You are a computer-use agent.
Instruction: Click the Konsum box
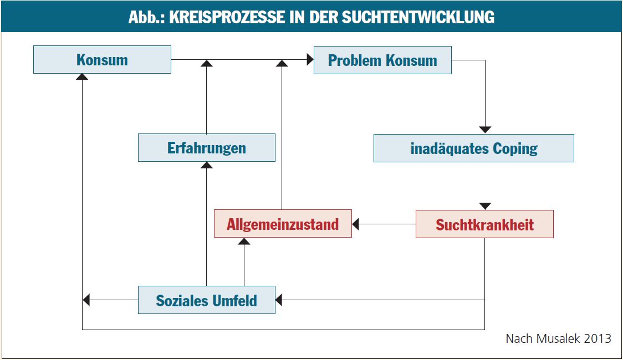click(x=102, y=59)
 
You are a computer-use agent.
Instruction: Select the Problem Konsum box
click(x=382, y=60)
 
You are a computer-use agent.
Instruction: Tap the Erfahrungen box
click(x=207, y=148)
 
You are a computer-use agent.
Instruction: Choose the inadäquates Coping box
click(x=473, y=148)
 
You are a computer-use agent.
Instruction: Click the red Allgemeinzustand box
click(x=283, y=223)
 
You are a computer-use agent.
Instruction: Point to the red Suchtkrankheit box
click(x=485, y=224)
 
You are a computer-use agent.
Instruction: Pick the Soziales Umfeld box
click(x=207, y=300)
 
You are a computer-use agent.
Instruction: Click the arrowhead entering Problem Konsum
click(x=310, y=59)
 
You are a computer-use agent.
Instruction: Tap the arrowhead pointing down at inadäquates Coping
click(x=485, y=130)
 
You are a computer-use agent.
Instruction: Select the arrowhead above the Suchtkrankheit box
click(x=485, y=206)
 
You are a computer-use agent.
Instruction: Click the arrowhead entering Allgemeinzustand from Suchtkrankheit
click(x=356, y=224)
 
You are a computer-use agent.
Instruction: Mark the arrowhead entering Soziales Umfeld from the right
click(x=279, y=300)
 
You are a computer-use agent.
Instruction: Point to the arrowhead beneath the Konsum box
click(x=82, y=76)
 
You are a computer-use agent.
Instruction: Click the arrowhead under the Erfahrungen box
click(x=207, y=164)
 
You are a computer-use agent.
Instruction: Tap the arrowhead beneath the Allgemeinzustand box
click(x=244, y=241)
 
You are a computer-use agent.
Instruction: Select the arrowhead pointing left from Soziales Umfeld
click(x=86, y=300)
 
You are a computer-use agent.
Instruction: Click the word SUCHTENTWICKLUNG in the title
click(x=418, y=17)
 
